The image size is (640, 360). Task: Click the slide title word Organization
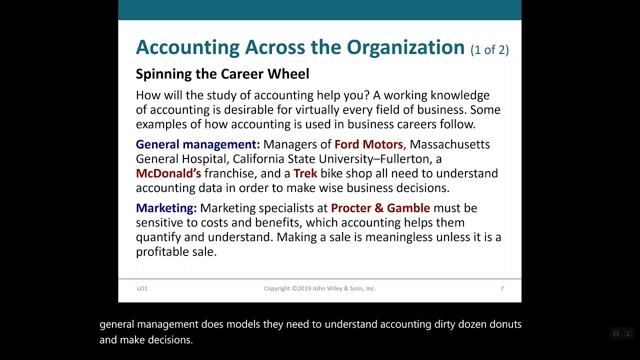tap(405, 47)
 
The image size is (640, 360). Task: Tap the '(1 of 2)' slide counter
tap(489, 49)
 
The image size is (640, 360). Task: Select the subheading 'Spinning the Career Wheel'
tap(222, 74)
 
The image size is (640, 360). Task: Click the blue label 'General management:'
tap(197, 144)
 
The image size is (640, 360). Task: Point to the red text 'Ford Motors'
tap(368, 144)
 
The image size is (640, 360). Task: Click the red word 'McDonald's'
tap(168, 173)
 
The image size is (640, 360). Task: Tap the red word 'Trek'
tap(305, 173)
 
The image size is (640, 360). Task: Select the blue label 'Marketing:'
tap(166, 208)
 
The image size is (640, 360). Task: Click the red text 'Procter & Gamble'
tap(380, 208)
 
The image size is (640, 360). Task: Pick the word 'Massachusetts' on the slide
tap(449, 144)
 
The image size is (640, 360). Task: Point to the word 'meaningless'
tap(398, 237)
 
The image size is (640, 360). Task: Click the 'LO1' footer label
tap(142, 288)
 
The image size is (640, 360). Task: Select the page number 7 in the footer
tap(502, 288)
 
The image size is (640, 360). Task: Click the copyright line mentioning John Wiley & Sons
tap(319, 288)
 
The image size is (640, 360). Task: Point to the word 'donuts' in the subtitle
tap(505, 324)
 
